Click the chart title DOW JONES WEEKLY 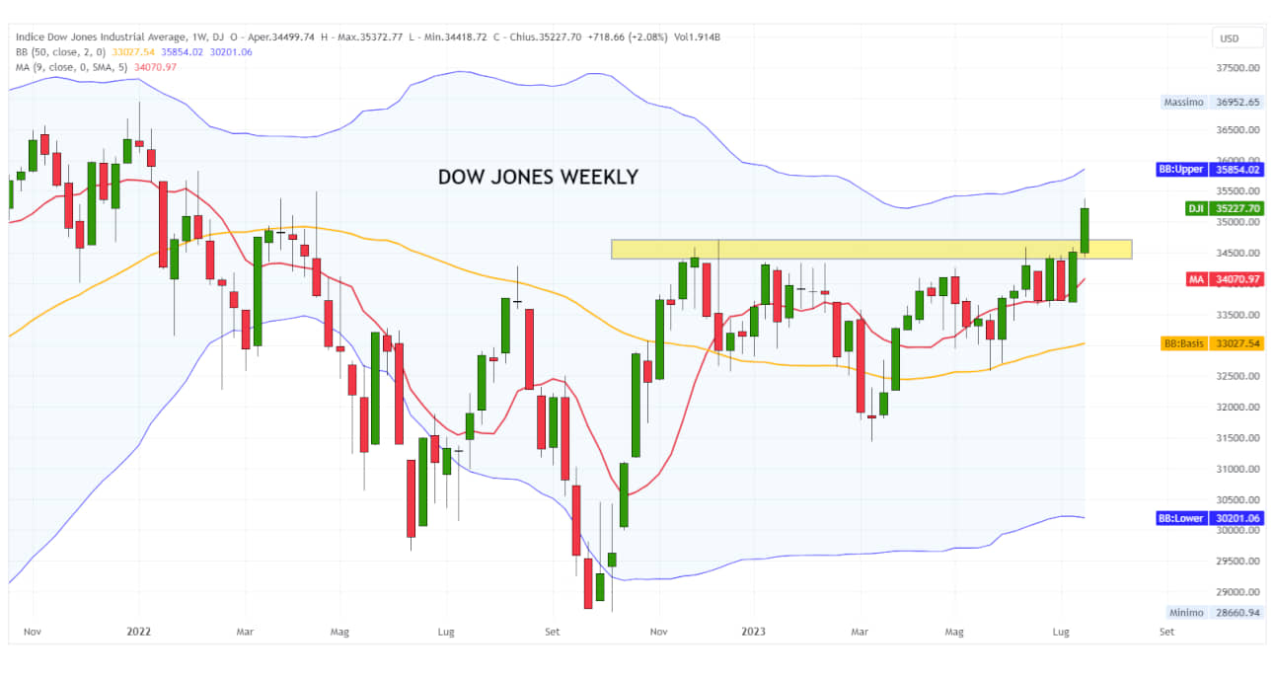pos(538,178)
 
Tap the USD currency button pos(1229,38)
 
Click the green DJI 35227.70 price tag pos(1225,208)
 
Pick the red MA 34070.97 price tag pos(1225,279)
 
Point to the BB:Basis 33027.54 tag pos(1213,343)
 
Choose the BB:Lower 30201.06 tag pos(1210,518)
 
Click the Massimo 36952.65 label pos(1213,102)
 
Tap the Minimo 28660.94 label pos(1213,613)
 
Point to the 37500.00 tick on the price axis pos(1238,68)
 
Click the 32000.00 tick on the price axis pos(1238,407)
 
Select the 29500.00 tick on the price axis pos(1238,561)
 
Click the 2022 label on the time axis pos(139,631)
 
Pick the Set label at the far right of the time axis pos(1167,631)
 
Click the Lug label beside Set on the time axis pos(1062,631)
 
